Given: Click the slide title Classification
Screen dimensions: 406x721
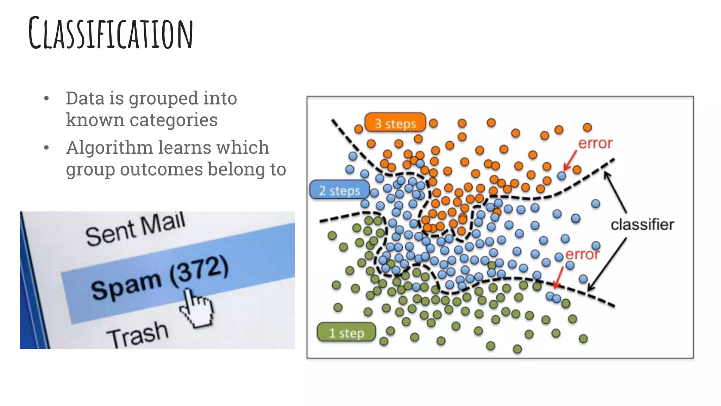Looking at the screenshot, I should tap(111, 33).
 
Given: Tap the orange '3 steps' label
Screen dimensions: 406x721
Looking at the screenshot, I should tap(395, 123).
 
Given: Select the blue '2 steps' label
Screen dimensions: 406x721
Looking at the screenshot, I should tap(339, 190).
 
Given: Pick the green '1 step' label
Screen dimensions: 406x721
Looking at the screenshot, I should tap(346, 333).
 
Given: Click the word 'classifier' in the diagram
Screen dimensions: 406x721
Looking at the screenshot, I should tap(642, 224).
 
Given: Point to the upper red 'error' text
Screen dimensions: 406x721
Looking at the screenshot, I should tap(595, 143).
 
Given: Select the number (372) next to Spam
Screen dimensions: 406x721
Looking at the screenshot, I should tap(199, 272).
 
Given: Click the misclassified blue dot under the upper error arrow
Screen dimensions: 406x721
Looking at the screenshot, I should tap(562, 176).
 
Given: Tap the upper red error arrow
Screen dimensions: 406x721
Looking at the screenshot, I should tap(570, 160).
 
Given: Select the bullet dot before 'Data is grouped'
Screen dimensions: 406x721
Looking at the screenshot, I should tap(46, 98).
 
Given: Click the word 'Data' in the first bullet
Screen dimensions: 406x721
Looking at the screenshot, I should tap(85, 98).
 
